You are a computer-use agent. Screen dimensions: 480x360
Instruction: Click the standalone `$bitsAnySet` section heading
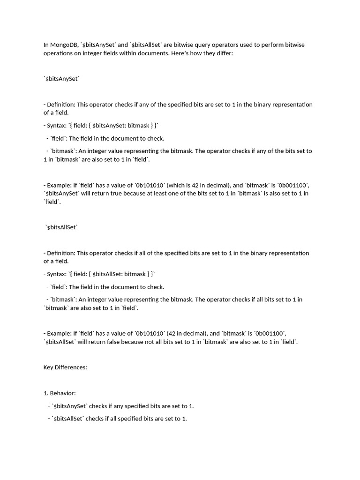pyautogui.click(x=62, y=79)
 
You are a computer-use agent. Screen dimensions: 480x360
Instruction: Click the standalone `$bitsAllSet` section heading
pyautogui.click(x=62, y=227)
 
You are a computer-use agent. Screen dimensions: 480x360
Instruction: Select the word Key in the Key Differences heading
pyautogui.click(x=49, y=367)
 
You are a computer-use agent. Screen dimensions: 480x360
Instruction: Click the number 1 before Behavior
pyautogui.click(x=45, y=393)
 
